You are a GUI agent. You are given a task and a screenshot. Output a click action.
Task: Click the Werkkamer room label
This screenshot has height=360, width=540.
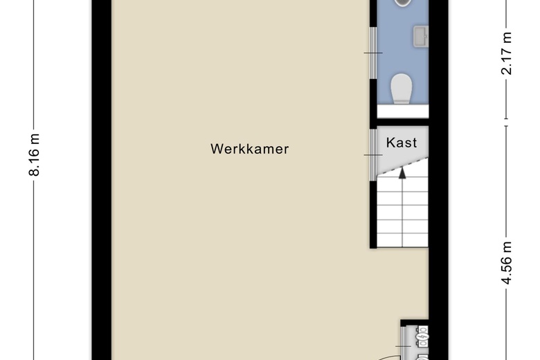250,149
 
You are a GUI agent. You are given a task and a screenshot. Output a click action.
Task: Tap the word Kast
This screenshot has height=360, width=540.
402,143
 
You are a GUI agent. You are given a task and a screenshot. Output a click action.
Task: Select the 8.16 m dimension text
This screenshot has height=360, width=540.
35,154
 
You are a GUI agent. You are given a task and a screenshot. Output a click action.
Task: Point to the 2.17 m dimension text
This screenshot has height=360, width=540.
507,53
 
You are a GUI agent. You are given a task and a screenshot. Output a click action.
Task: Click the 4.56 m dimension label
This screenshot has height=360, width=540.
507,263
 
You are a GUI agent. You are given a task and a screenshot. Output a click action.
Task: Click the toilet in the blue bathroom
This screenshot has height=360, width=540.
402,89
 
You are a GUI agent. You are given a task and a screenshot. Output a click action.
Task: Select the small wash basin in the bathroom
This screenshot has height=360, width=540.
421,37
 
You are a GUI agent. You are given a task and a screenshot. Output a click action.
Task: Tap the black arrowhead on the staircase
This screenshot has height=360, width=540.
402,173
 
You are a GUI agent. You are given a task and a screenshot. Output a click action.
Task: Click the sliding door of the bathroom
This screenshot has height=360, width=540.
373,53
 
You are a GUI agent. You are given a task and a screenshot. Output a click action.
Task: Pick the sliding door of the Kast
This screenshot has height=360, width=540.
373,155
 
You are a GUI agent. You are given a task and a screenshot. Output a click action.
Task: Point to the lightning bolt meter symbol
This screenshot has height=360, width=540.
422,335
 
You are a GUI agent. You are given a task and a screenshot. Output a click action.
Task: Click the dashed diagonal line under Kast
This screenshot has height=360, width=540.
403,166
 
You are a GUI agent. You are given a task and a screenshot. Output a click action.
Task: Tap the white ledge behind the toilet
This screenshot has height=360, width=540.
403,111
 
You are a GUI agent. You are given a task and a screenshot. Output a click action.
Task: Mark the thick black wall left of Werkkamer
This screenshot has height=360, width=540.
102,180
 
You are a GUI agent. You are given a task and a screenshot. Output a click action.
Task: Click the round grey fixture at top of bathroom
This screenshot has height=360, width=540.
402,3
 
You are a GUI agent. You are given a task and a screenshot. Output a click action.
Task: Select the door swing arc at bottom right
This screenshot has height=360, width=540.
391,357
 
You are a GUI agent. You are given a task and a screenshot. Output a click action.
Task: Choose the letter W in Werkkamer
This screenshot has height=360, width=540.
217,149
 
